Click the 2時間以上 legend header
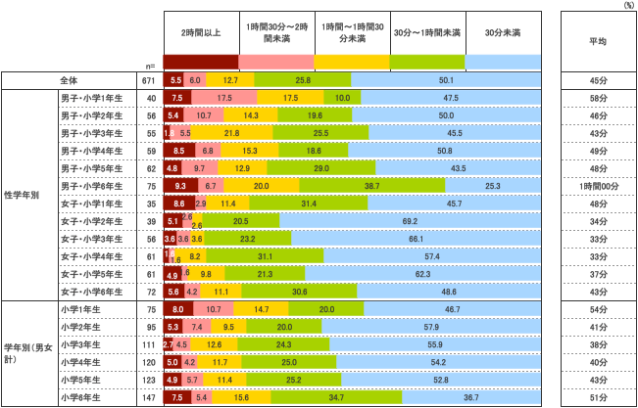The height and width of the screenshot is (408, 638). [x=201, y=33]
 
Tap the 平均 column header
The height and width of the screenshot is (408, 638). [x=597, y=41]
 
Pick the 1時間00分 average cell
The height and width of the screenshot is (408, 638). [x=597, y=186]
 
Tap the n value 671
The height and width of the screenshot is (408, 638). [x=149, y=80]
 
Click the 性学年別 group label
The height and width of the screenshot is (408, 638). [x=22, y=195]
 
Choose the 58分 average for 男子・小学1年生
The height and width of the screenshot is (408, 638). [x=597, y=98]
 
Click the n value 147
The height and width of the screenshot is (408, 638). [x=149, y=398]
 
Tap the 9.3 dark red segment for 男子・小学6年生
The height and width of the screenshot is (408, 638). [x=180, y=186]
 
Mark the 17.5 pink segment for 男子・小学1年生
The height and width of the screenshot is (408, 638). [x=224, y=98]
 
